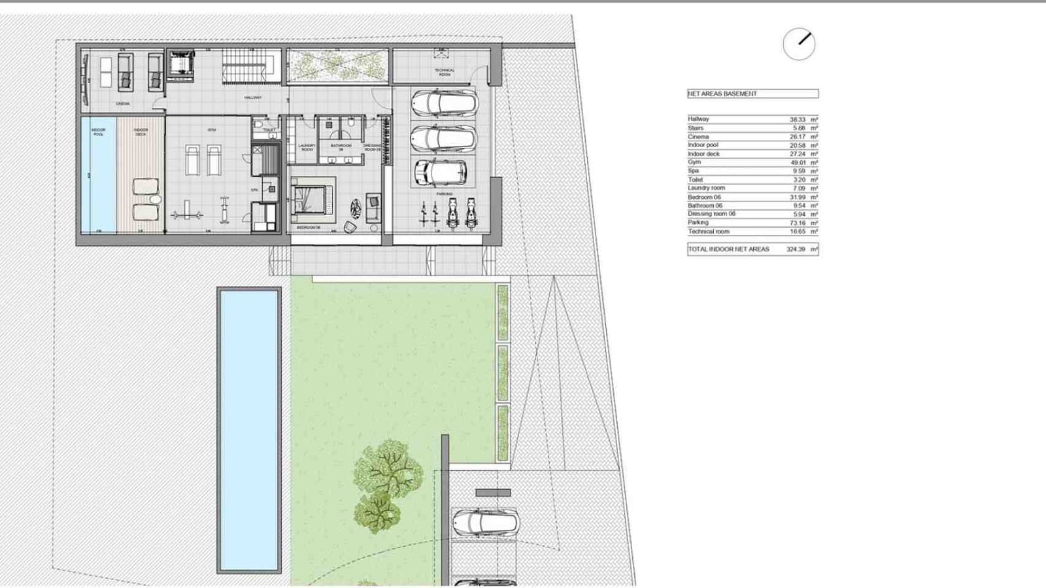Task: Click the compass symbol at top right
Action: coord(799,44)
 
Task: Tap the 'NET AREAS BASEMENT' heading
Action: coord(722,94)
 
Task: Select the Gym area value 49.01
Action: coord(797,162)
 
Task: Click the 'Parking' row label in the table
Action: coord(698,222)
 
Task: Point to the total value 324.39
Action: coord(796,249)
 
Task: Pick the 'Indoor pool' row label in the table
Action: coord(703,145)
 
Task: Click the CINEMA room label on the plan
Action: coord(122,104)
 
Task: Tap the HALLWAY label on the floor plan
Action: coord(253,98)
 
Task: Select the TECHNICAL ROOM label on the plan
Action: coord(444,72)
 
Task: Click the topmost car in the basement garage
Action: coord(445,103)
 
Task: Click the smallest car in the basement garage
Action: coord(441,172)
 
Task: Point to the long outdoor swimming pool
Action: coord(249,430)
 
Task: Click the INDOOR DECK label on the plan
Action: coord(141,132)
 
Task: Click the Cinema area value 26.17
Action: coord(797,137)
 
